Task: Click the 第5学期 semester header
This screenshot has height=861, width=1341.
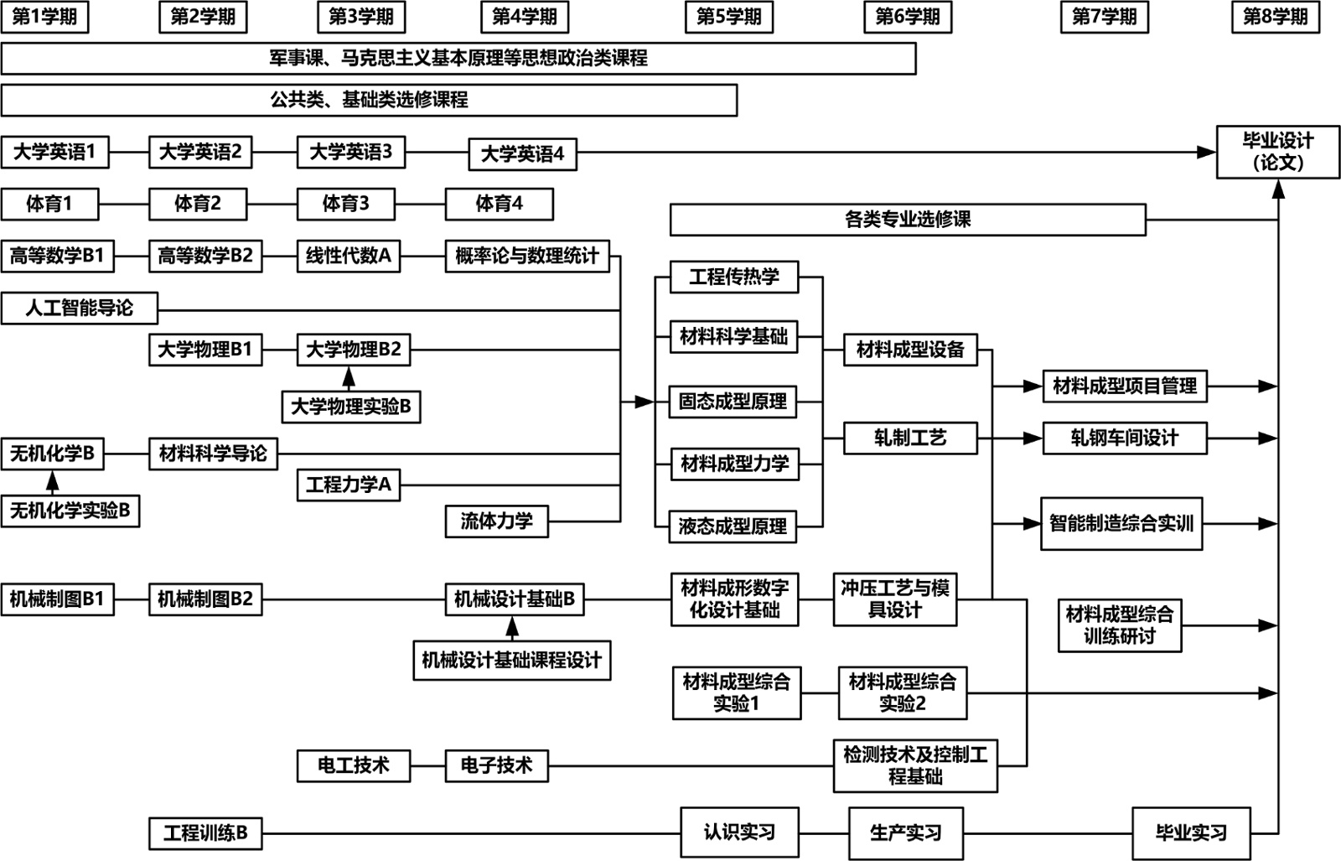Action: (728, 17)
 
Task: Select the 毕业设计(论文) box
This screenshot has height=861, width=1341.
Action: (1277, 152)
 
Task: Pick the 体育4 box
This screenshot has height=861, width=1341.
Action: (499, 204)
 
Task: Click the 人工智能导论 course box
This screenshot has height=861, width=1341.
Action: (79, 308)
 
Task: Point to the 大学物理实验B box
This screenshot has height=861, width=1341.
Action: (350, 407)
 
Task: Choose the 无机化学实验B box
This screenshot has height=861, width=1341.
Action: (70, 511)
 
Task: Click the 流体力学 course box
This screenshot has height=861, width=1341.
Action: (496, 521)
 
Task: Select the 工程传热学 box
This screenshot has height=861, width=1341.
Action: (734, 277)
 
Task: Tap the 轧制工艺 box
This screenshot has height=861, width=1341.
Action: (910, 438)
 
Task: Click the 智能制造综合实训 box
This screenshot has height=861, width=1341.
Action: (1121, 524)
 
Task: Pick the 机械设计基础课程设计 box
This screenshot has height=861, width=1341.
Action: (511, 661)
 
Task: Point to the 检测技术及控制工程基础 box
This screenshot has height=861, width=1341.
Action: (915, 765)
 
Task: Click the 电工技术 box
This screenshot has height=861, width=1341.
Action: (354, 765)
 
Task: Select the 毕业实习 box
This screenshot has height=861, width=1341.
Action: (1191, 832)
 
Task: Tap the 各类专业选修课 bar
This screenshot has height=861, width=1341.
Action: (908, 220)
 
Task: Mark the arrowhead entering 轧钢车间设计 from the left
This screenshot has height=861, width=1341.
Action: (1033, 438)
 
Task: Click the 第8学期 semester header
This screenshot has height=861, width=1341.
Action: (1275, 17)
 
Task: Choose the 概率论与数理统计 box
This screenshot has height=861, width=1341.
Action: (527, 256)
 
